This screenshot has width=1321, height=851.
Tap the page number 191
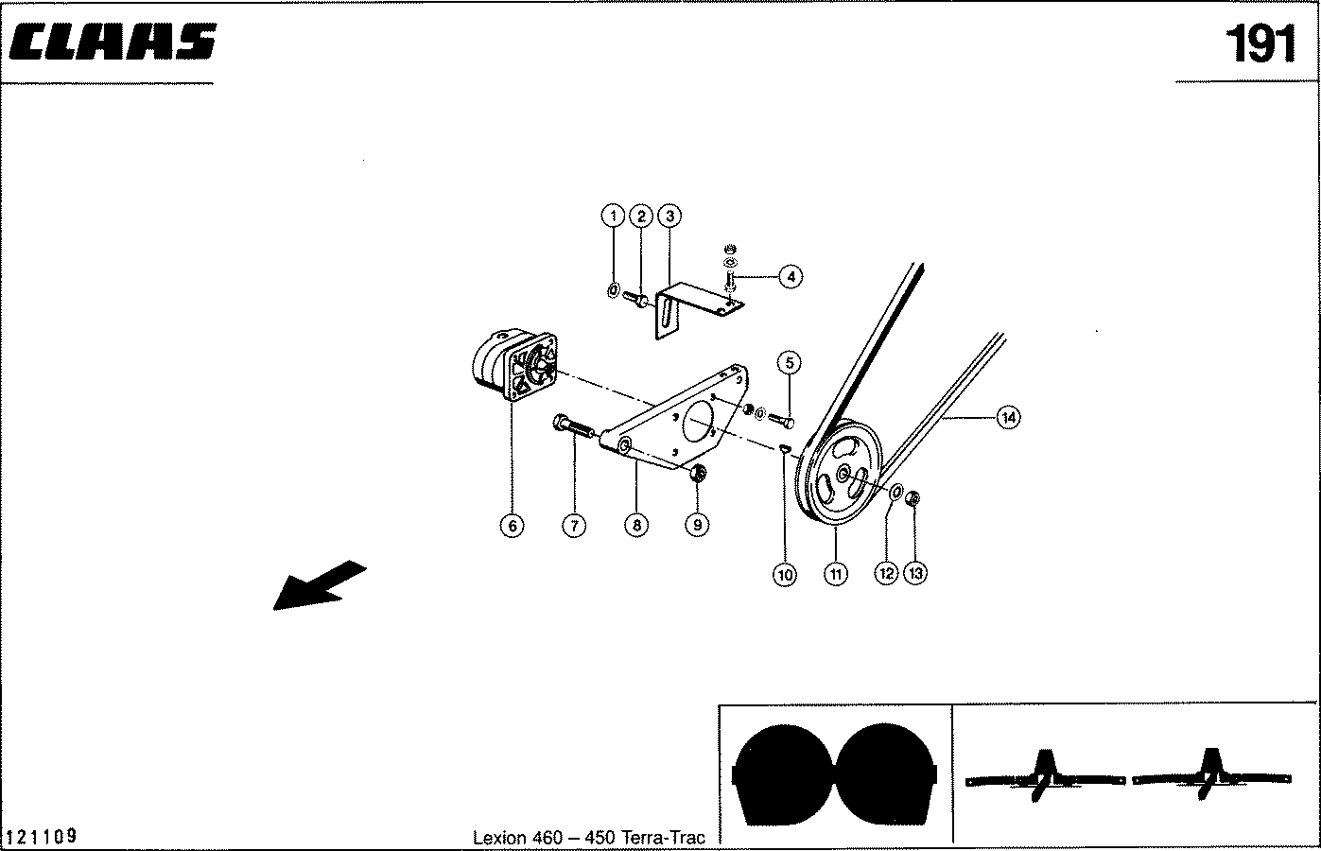(1260, 43)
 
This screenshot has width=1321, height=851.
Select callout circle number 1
(613, 217)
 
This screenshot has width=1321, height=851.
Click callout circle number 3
(669, 217)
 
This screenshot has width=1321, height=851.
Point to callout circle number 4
(790, 276)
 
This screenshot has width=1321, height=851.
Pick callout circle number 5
(790, 362)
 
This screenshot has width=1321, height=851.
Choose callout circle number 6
(512, 526)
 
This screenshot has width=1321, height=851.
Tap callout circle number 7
(574, 526)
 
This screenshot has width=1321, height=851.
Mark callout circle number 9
(697, 525)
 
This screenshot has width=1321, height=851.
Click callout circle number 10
(785, 574)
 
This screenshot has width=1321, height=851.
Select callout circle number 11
(836, 573)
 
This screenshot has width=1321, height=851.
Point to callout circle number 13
(915, 573)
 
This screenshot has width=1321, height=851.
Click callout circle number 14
(1009, 417)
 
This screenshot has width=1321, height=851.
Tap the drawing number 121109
(42, 837)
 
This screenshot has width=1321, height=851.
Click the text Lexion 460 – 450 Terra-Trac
(588, 838)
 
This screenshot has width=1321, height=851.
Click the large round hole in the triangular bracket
(702, 424)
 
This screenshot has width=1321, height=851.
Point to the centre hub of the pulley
(843, 477)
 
